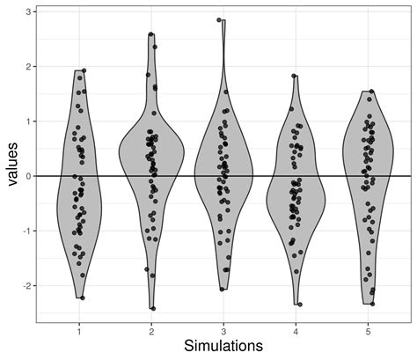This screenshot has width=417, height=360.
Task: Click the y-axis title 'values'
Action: point(13,165)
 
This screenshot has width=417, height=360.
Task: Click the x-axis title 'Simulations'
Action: point(223,347)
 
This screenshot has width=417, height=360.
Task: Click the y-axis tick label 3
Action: point(29,11)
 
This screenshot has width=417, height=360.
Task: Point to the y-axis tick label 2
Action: point(29,66)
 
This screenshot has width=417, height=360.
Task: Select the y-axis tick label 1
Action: point(29,121)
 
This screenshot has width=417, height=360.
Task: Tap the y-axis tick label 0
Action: point(29,176)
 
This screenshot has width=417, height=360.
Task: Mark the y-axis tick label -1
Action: point(27,231)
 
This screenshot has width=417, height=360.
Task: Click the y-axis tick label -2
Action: point(27,286)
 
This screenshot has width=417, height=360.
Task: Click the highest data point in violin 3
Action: point(219,19)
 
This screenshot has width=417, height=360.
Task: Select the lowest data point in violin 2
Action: point(152,308)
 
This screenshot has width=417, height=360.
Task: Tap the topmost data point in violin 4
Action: point(294,77)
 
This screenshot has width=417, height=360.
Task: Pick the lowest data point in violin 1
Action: point(83,298)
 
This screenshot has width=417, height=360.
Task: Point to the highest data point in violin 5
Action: point(371,92)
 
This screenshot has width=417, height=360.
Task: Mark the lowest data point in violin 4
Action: point(300,305)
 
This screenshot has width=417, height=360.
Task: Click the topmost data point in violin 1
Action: point(84,70)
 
